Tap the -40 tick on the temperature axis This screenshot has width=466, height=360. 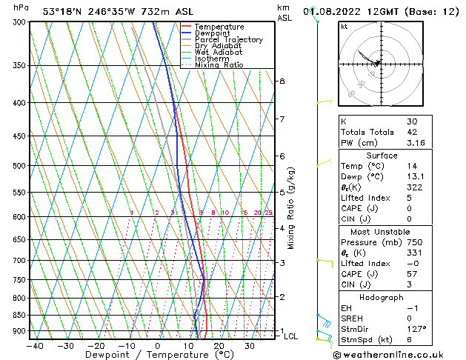[x=34, y=345]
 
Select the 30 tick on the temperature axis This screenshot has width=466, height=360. [x=250, y=345]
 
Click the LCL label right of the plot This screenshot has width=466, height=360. [x=291, y=336]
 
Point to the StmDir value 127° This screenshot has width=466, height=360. [x=415, y=329]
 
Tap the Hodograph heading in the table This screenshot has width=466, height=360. [x=382, y=297]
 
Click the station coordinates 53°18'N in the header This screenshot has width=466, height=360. [x=65, y=11]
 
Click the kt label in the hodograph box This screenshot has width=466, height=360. [x=344, y=27]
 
